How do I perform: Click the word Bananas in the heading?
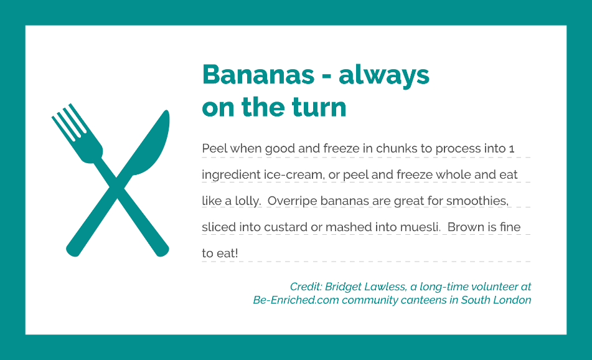point(258,74)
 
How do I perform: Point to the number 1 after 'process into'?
point(512,149)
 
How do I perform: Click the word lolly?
point(248,201)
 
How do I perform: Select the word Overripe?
point(292,201)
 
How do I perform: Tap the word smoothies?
point(477,201)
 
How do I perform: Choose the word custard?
point(286,227)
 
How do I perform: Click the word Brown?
point(466,227)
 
